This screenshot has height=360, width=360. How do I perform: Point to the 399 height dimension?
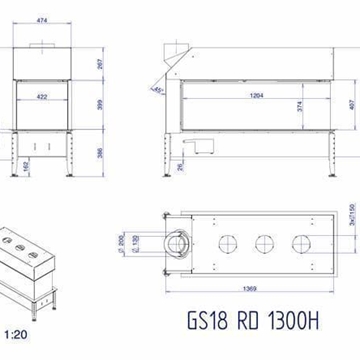point(125,105)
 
